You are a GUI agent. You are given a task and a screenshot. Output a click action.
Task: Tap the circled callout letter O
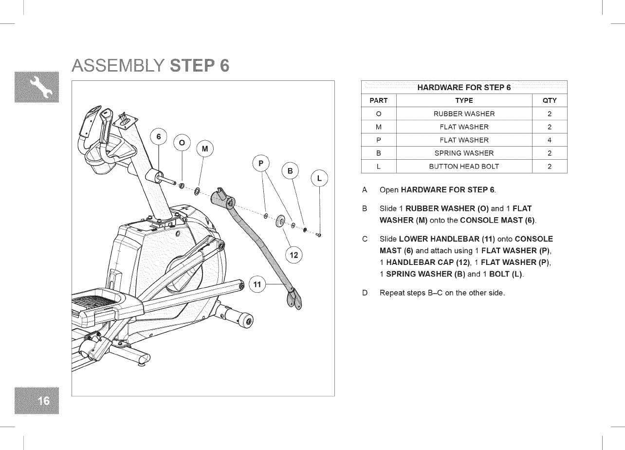click(182, 143)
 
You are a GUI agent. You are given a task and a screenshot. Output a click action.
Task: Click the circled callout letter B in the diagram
click(291, 171)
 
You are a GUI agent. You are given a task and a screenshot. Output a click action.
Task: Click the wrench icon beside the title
click(41, 87)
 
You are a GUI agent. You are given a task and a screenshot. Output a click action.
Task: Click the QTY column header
click(549, 101)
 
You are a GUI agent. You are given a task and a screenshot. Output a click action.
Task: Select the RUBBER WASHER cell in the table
click(464, 114)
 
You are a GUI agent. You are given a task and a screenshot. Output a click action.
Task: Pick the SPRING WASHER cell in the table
click(464, 153)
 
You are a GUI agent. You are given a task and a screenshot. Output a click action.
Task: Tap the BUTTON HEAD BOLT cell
click(464, 167)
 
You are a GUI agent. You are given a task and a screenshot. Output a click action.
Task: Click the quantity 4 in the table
click(549, 140)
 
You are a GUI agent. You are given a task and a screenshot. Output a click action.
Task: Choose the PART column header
click(379, 101)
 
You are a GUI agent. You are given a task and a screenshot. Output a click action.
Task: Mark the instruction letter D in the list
click(365, 293)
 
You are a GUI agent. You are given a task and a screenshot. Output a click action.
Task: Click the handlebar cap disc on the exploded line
click(280, 221)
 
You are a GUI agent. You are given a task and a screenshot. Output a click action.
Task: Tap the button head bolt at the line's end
click(319, 235)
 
